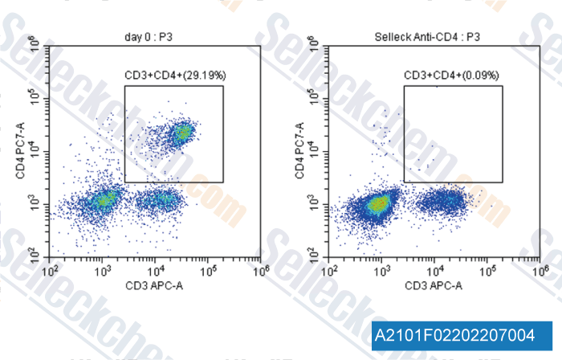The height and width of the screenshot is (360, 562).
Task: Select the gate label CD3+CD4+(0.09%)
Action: coord(452,76)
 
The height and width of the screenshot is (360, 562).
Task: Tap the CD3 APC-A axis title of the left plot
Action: coord(154,286)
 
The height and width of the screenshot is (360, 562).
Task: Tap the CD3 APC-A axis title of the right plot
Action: coord(434,286)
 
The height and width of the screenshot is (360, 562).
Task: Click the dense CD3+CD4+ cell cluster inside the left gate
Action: coord(184,132)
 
